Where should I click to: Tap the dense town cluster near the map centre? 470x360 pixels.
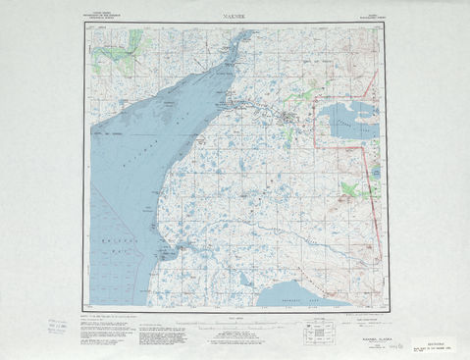coord(286,120)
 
